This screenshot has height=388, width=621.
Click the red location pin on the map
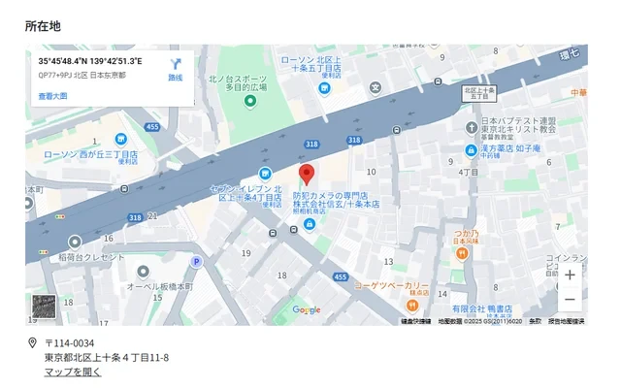pyautogui.click(x=307, y=175)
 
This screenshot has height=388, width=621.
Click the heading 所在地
pyautogui.click(x=43, y=26)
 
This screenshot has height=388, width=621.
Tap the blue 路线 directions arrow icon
pyautogui.click(x=176, y=64)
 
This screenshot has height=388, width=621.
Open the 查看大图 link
pyautogui.click(x=52, y=96)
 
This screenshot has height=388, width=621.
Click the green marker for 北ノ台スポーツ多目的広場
pyautogui.click(x=249, y=101)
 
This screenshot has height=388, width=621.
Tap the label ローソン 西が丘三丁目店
pyautogui.click(x=91, y=154)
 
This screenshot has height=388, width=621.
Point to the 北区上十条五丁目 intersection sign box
pyautogui.click(x=479, y=93)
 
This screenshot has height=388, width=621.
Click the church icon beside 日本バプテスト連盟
pyautogui.click(x=471, y=127)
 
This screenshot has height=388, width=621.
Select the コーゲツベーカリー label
pyautogui.click(x=390, y=285)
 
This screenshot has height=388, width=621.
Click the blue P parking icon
pyautogui.click(x=196, y=262)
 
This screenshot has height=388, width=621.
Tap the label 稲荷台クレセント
pyautogui.click(x=91, y=257)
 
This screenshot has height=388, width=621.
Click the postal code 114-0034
pyautogui.click(x=70, y=343)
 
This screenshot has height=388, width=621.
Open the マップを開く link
pyautogui.click(x=73, y=372)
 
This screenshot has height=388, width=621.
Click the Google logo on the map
pyautogui.click(x=307, y=310)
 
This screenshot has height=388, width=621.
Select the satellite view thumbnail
pyautogui.click(x=45, y=308)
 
